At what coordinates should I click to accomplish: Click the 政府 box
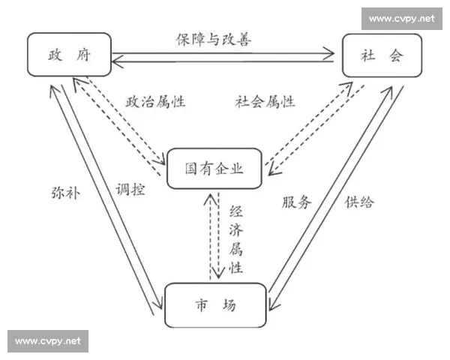[69, 55]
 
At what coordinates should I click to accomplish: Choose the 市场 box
[215, 305]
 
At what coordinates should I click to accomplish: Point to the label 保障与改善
[214, 38]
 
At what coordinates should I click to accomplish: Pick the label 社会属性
[265, 102]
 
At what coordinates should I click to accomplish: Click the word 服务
[296, 202]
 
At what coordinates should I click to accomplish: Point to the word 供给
[359, 202]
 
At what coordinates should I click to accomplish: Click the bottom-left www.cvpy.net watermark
[47, 341]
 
